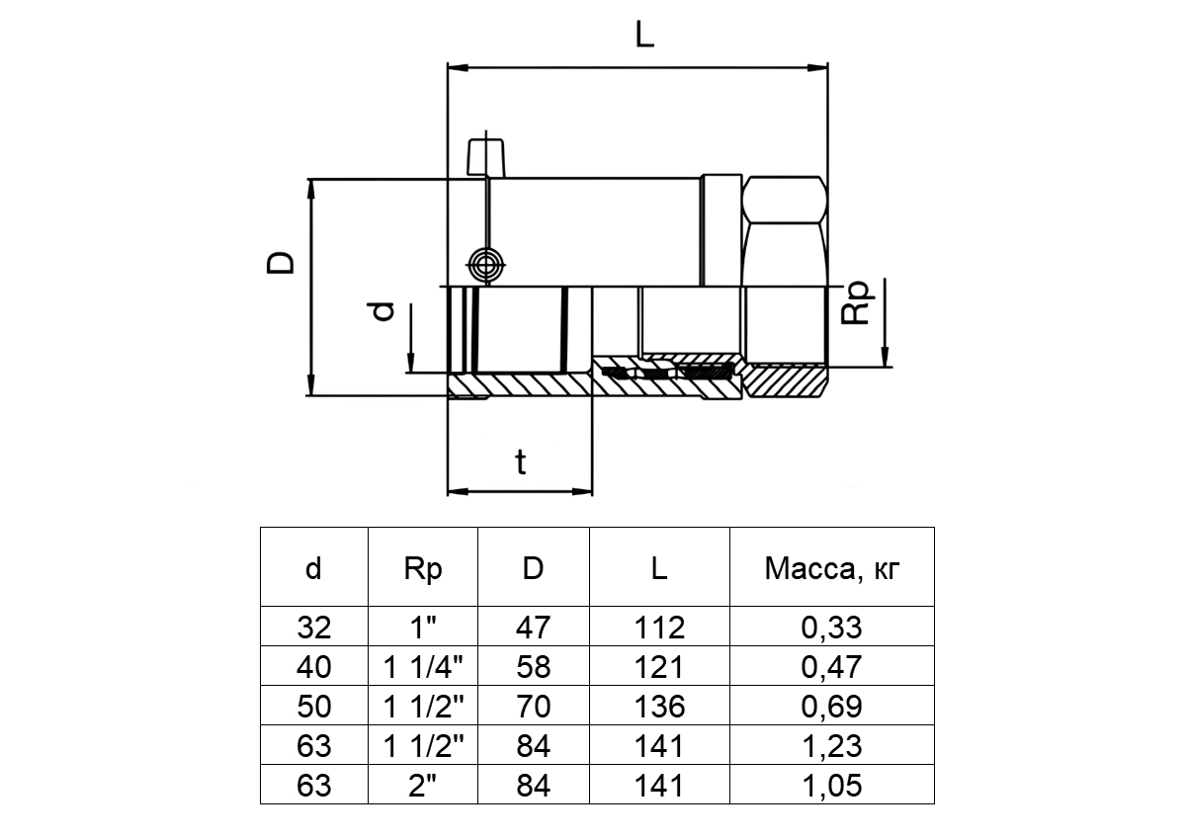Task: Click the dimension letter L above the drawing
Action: point(643,37)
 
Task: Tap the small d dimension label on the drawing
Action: point(386,311)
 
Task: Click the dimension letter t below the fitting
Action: point(521,462)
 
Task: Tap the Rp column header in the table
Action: point(423,568)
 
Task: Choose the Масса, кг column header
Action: point(833,568)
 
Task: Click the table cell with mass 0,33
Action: point(833,628)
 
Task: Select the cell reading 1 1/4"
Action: point(423,667)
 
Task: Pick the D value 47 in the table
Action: point(533,628)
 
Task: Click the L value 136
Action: point(659,707)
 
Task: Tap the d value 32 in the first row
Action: point(313,628)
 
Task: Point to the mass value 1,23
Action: point(833,746)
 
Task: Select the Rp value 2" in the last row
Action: point(423,786)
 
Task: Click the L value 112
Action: point(659,628)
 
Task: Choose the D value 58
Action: point(533,667)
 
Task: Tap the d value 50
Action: point(313,707)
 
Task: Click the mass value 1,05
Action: point(833,786)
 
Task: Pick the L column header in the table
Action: point(659,568)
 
